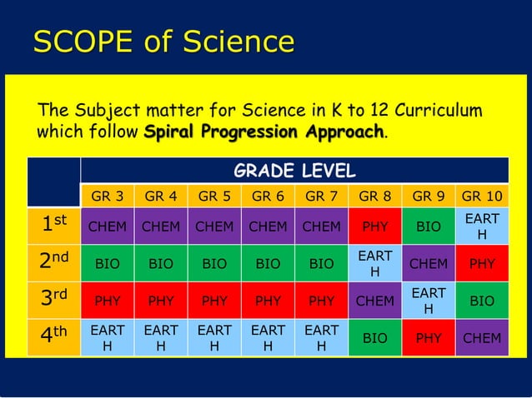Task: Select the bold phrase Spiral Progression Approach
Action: [264, 133]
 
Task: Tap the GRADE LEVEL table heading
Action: [294, 171]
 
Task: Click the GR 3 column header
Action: [107, 197]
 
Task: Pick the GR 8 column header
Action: [374, 197]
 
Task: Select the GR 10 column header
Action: [481, 197]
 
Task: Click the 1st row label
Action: [53, 225]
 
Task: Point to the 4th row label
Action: [53, 337]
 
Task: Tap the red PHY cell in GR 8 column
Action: [374, 226]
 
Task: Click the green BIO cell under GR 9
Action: [428, 226]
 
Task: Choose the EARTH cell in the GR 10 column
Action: [481, 226]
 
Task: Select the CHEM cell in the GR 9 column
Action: [428, 263]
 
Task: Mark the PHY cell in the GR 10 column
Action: [481, 263]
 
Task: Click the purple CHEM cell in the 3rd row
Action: [374, 301]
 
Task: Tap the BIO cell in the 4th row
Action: [374, 337]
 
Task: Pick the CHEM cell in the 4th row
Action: [481, 337]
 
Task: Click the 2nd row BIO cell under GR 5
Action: [213, 263]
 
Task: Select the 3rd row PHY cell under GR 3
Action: [107, 301]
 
